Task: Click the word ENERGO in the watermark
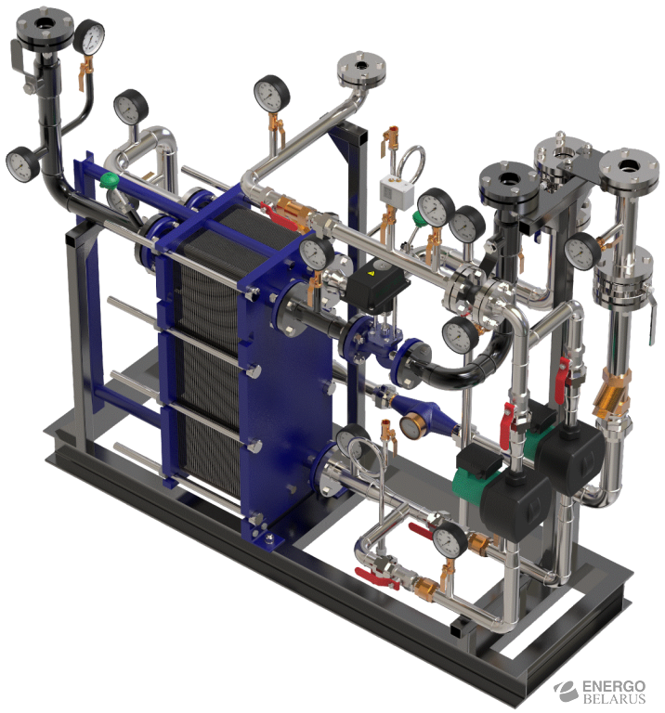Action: [614, 686]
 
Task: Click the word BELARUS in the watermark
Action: [614, 698]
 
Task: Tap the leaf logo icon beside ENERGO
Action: [567, 691]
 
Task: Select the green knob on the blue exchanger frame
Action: [110, 180]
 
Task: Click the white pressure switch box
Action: [397, 191]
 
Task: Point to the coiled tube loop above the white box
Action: [411, 161]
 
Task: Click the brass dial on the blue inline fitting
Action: [412, 425]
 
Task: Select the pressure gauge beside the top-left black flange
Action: [89, 37]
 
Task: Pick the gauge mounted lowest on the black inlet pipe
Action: [20, 163]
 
